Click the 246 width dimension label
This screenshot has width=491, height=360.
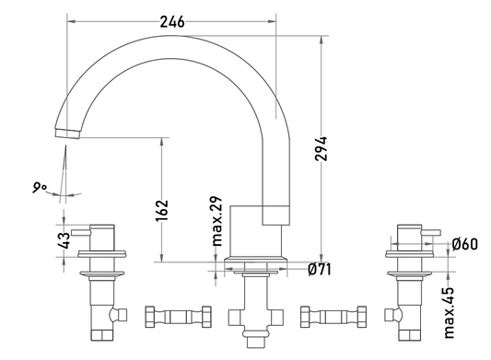click(x=172, y=22)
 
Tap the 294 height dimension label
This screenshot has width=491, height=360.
click(x=321, y=148)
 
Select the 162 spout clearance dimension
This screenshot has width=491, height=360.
click(x=162, y=210)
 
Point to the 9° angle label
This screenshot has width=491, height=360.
click(x=39, y=188)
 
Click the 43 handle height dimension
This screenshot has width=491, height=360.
click(x=64, y=240)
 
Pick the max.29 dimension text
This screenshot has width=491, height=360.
click(x=216, y=221)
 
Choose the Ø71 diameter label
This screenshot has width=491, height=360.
click(x=319, y=269)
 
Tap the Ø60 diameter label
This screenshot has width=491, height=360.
click(x=465, y=244)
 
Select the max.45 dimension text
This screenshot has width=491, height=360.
click(x=450, y=313)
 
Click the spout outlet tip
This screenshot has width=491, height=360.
click(x=67, y=134)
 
